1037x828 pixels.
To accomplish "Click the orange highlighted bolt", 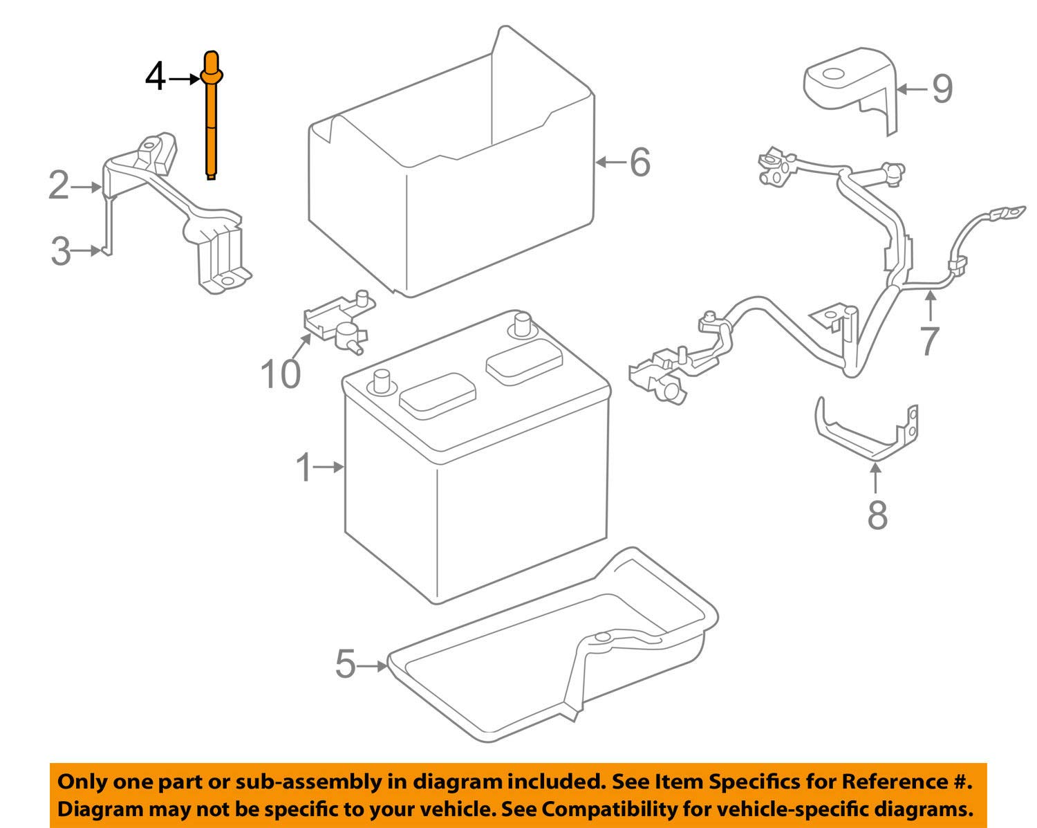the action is [x=212, y=118].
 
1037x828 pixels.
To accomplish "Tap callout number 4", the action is [x=155, y=77].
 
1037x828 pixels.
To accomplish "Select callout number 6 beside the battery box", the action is [x=639, y=163].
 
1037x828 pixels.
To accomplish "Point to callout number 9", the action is [x=942, y=89].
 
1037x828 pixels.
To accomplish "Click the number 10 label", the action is [x=281, y=374].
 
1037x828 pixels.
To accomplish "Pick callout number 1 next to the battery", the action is [x=304, y=468].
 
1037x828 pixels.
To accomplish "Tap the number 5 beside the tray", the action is [x=345, y=665].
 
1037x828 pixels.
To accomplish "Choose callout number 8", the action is [x=877, y=515].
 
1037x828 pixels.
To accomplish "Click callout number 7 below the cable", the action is [x=930, y=340].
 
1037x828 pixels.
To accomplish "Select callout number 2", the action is [x=59, y=186].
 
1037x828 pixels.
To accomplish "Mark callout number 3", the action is [x=61, y=251].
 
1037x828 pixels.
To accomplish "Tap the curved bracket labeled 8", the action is [x=864, y=432].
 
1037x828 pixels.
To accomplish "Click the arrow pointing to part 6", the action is [x=610, y=163].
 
